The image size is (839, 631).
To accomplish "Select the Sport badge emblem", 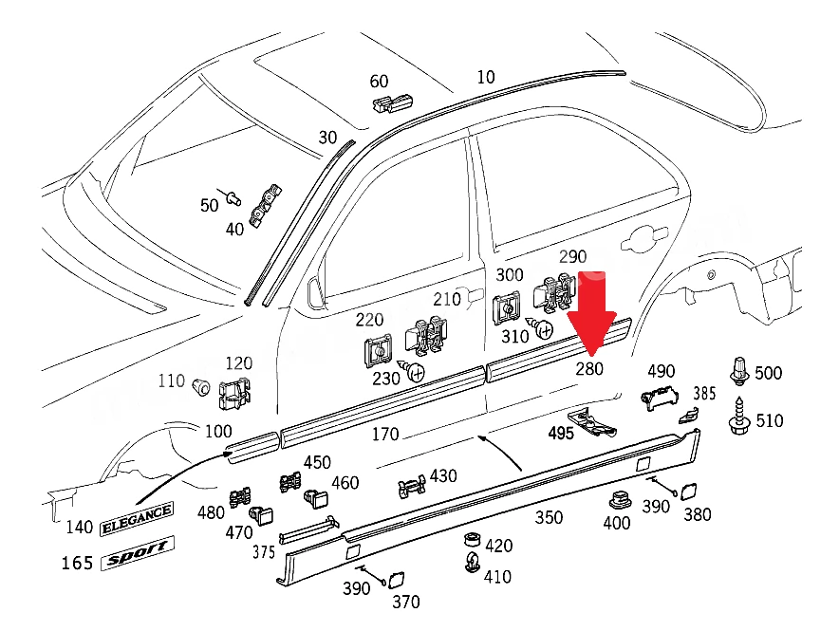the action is (x=138, y=553).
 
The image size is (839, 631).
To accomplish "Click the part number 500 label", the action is (x=768, y=373).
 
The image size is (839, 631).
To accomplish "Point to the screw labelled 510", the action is (x=740, y=415).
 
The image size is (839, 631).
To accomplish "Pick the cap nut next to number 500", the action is (x=739, y=370).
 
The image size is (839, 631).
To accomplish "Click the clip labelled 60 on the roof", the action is (x=392, y=102).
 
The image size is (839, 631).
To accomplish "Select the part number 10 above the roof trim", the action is (x=485, y=78).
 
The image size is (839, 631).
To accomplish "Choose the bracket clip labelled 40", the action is (x=266, y=207).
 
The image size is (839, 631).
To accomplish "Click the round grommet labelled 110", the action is (x=200, y=385).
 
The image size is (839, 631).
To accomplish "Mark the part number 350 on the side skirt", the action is (x=549, y=517).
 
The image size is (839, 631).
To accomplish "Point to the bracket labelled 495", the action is (x=592, y=422).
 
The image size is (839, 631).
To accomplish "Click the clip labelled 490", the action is (x=660, y=397).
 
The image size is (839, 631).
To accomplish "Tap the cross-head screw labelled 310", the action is (x=539, y=327).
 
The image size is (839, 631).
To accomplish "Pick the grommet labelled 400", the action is (x=621, y=500).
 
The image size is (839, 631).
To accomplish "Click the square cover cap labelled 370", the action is (x=396, y=580).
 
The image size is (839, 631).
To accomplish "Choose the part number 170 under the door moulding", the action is (x=385, y=434).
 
